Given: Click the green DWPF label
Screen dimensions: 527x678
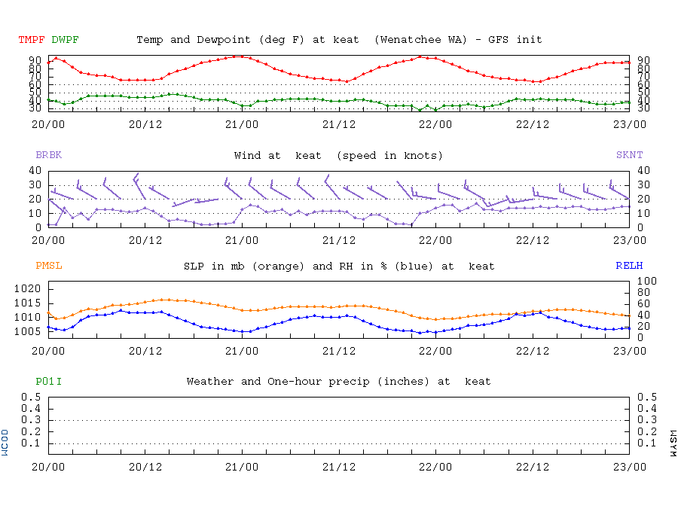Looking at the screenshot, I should [x=65, y=39].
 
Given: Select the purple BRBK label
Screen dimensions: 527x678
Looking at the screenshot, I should [x=48, y=155].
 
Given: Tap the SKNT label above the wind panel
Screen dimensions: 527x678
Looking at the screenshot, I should [x=629, y=155].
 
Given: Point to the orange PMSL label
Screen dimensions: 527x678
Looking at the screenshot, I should [x=48, y=266].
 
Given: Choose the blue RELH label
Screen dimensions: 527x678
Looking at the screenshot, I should [x=629, y=266].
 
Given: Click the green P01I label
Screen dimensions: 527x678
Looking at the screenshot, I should [x=48, y=382].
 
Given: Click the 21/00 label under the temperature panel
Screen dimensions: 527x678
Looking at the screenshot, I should [x=241, y=123].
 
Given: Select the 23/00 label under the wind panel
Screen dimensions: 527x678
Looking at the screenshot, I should [x=629, y=239].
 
